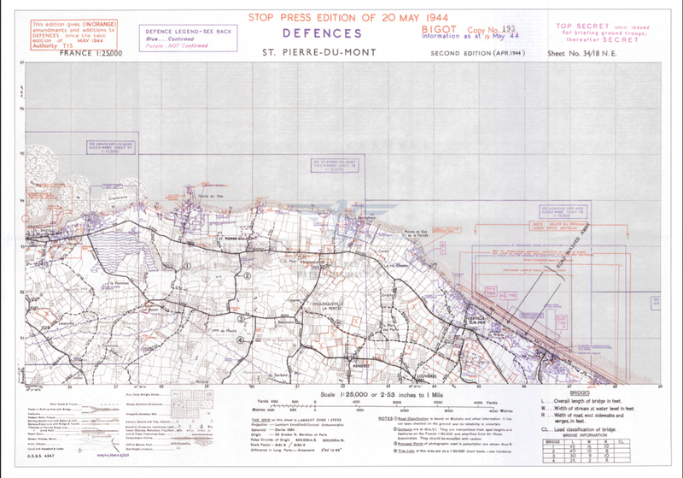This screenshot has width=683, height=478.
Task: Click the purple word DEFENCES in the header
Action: tap(323, 34)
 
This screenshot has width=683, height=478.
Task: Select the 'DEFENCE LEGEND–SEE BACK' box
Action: tap(178, 32)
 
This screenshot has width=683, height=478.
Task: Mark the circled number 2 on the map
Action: tap(247, 276)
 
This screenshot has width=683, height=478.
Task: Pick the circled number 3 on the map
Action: tap(242, 319)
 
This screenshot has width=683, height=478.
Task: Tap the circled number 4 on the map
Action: tap(242, 340)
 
